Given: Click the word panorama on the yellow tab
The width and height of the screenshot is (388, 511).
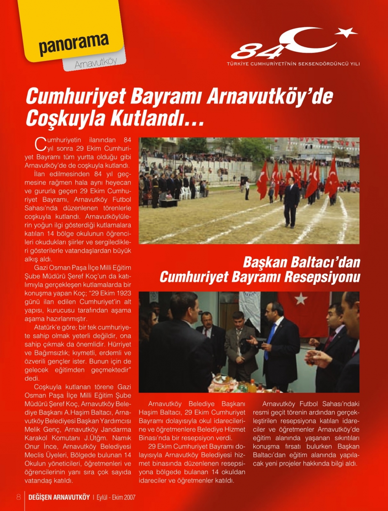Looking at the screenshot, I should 73,44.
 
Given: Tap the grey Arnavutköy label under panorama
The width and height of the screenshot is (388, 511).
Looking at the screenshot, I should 95,62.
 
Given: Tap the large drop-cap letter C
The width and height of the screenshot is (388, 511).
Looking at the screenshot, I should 40,144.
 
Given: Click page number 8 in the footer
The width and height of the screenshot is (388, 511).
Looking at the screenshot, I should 18,497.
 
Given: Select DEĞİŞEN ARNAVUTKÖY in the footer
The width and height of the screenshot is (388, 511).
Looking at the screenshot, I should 59,497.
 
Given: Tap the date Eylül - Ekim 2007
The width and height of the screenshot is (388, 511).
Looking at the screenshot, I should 116,497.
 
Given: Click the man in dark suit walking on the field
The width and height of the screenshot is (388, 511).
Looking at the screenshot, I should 291,202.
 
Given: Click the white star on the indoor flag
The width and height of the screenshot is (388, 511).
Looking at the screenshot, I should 301,299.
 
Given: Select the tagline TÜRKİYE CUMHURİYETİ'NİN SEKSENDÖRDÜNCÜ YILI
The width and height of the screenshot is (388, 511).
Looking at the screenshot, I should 293,64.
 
